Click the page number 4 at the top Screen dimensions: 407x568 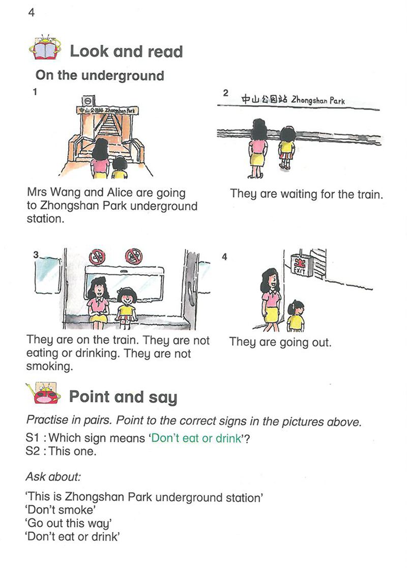tap(32, 13)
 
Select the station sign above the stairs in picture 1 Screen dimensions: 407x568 tap(107, 110)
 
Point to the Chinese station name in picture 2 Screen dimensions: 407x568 tap(264, 99)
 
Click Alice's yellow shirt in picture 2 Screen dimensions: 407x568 tap(287, 147)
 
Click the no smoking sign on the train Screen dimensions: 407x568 tap(97, 257)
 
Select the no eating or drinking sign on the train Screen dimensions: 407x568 tap(134, 257)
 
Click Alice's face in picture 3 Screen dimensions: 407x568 tap(127, 299)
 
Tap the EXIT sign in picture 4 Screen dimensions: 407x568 tap(300, 265)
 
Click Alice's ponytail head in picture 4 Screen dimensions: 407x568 tap(296, 308)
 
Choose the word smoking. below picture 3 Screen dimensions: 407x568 tap(49, 366)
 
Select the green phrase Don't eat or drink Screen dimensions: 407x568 tap(196, 438)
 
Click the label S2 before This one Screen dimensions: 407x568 tap(32, 451)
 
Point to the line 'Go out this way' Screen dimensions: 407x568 tap(69, 523)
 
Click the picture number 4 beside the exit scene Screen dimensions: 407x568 tap(224, 257)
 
